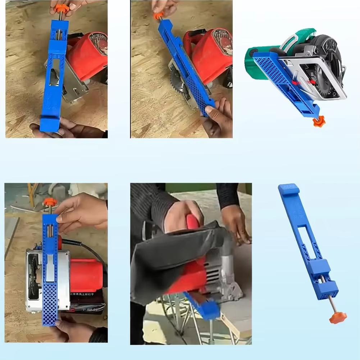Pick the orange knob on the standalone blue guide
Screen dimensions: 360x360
(x=338, y=317)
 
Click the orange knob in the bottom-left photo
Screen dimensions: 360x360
(x=50, y=202)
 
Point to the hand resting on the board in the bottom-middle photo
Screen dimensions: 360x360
(x=236, y=223)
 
